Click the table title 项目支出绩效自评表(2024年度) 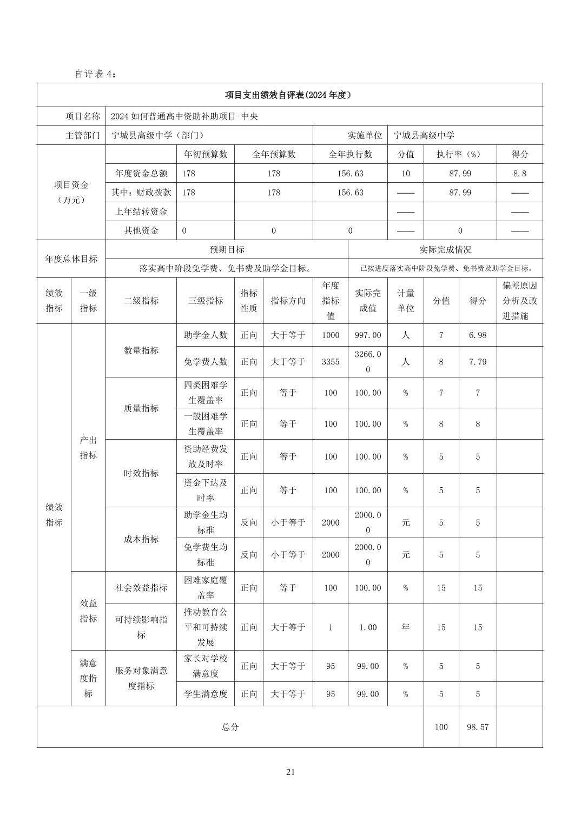(289, 95)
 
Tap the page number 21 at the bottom (290, 772)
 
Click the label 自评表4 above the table (95, 74)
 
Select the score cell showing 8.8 (519, 174)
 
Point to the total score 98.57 (477, 727)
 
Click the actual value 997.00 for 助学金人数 (367, 335)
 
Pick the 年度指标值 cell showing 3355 (331, 362)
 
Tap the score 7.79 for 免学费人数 (477, 362)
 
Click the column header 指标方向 (288, 301)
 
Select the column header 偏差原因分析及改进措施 (519, 301)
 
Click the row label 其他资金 (141, 230)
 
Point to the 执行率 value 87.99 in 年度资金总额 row (460, 174)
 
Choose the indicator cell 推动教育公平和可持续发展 (206, 627)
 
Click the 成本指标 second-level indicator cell (141, 539)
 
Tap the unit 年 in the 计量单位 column (405, 627)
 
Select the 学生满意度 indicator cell (206, 694)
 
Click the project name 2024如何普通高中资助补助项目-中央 (184, 116)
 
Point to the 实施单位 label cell (365, 135)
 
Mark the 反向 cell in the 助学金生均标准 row (249, 522)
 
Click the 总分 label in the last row (230, 727)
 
